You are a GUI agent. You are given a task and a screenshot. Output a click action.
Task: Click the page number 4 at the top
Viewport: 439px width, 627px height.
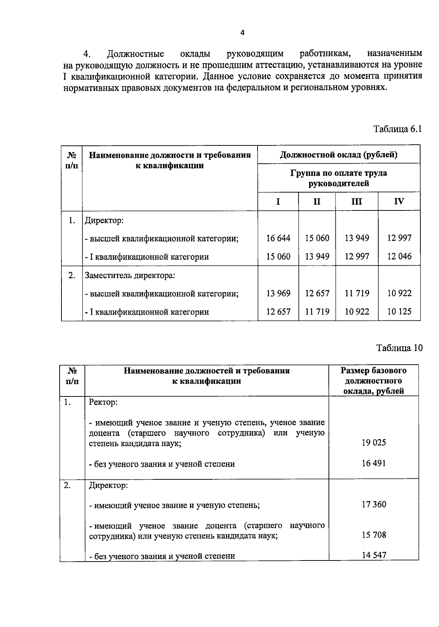coord(242,33)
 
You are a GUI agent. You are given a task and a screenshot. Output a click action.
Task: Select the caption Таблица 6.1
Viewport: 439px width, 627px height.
coord(397,129)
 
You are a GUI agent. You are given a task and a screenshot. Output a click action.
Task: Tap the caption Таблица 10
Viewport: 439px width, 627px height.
coord(399,348)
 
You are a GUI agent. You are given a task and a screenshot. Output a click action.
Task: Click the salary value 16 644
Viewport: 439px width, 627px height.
coord(278,238)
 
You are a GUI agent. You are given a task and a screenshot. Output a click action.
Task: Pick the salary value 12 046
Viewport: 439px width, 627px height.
coord(399,256)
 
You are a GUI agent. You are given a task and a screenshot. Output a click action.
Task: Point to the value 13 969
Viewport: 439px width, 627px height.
coord(278,293)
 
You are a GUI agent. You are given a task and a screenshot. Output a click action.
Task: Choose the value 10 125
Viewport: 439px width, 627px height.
coord(399,312)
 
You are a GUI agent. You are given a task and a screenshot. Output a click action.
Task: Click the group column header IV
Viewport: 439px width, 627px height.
coord(399,201)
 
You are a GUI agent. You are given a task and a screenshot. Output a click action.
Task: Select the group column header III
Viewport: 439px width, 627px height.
coord(356,201)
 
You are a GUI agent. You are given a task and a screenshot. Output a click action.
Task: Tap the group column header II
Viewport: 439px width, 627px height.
coord(317,201)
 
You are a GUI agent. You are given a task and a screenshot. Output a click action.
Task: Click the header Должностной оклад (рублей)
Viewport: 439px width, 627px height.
coord(339,155)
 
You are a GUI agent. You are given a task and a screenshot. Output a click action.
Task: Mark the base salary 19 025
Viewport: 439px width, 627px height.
coord(374,443)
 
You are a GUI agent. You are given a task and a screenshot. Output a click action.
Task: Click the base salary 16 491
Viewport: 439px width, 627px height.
coord(374,463)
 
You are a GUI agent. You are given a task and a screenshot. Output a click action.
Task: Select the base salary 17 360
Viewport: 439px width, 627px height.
coord(374,505)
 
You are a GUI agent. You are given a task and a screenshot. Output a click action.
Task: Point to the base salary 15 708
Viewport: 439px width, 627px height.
coord(374,535)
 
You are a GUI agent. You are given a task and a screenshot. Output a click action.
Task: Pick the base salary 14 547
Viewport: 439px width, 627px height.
coord(374,555)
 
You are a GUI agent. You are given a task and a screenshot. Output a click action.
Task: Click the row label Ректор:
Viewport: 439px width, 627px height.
coord(103,402)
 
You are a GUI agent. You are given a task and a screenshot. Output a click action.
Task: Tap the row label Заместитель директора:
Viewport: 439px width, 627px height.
coord(130,275)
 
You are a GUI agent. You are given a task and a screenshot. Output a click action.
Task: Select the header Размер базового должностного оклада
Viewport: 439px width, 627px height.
coord(374,381)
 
